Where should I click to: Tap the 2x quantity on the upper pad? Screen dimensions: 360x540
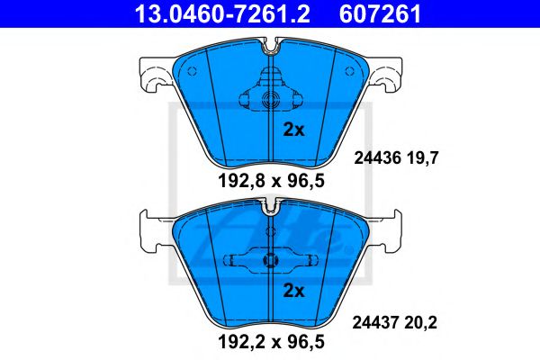(294, 129)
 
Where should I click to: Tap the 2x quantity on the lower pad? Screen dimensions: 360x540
(294, 290)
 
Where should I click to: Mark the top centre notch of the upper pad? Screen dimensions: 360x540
(270, 43)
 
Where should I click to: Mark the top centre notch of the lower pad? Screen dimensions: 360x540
(270, 208)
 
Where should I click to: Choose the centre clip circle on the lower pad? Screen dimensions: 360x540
(270, 261)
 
